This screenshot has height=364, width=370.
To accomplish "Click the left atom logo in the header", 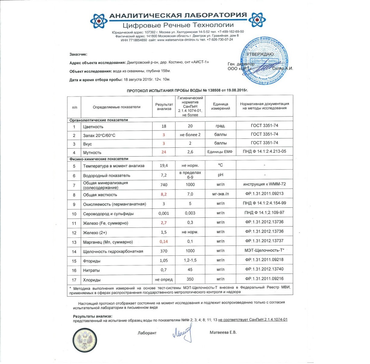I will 99,21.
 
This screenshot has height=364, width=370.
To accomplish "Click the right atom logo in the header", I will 257,20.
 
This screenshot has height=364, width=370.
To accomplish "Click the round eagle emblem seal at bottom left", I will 85,340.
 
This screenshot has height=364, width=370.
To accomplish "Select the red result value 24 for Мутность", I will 164,152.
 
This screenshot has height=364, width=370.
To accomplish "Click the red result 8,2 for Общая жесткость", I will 164,194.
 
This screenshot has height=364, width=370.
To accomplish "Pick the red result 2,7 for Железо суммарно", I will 164,223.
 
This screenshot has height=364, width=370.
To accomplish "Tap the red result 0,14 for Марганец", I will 164,241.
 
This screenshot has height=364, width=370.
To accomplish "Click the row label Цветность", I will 93,127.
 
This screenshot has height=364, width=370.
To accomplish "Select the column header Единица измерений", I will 220,106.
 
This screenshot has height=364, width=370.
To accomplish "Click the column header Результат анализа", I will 164,107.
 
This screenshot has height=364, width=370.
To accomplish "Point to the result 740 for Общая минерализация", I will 164,185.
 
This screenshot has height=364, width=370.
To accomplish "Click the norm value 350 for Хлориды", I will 190,279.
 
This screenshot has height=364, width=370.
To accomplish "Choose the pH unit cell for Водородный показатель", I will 220,175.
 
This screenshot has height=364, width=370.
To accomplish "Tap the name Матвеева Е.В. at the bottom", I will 223,332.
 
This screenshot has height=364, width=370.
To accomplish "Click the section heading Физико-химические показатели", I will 99,159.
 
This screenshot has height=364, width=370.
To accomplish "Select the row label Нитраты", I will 91,270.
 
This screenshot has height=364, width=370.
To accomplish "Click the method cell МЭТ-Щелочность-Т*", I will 264,250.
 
